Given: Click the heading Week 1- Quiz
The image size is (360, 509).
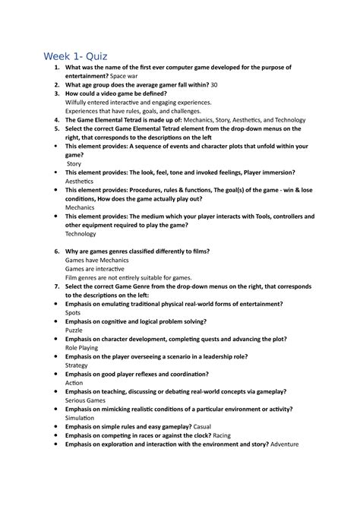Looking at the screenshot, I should [75, 56].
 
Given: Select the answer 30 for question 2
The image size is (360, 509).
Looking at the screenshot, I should [213, 85].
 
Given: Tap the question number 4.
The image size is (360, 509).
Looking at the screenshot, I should [57, 119].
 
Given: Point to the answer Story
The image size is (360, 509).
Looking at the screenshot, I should [74, 163].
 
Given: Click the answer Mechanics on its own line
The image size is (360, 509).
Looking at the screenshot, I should [80, 206].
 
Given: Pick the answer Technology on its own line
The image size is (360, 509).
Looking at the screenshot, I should [81, 234].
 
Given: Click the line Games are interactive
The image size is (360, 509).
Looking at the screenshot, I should [93, 269].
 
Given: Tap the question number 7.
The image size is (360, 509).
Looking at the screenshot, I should [57, 287].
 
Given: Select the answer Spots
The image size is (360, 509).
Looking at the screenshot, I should [73, 313].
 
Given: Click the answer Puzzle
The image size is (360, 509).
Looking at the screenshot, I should [74, 330].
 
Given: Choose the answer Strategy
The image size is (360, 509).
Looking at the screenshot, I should [77, 365].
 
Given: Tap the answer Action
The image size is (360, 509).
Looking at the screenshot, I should [74, 382].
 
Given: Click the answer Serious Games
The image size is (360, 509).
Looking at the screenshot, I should [86, 400].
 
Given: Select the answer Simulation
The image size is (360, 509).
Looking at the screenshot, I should [80, 418].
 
